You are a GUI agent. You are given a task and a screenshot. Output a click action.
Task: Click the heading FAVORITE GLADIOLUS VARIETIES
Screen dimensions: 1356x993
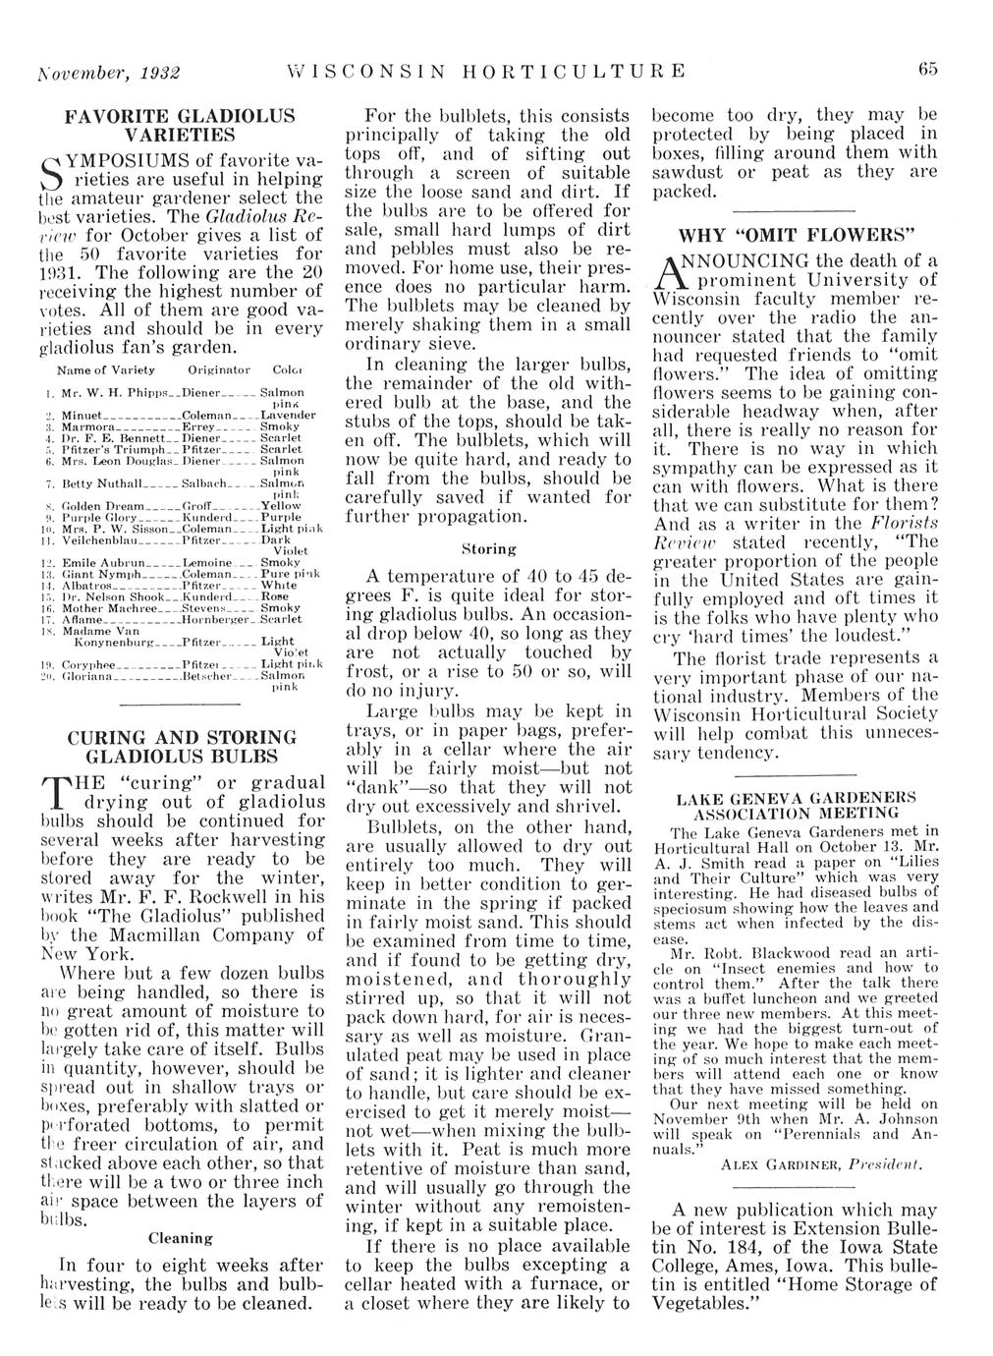(x=179, y=124)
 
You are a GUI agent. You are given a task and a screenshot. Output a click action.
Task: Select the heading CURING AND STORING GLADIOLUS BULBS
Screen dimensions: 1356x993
(x=179, y=747)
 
